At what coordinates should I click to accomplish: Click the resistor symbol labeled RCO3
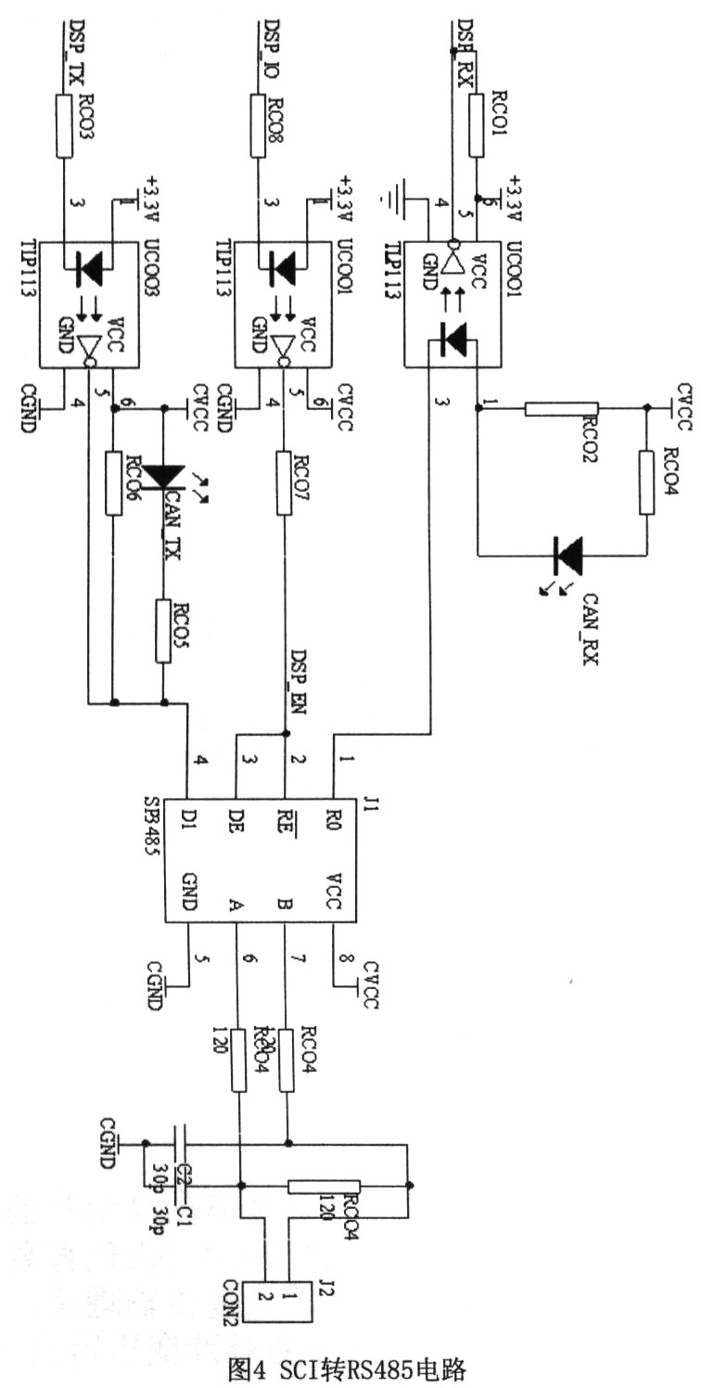pos(64,129)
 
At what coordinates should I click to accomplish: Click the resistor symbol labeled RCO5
pos(163,631)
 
